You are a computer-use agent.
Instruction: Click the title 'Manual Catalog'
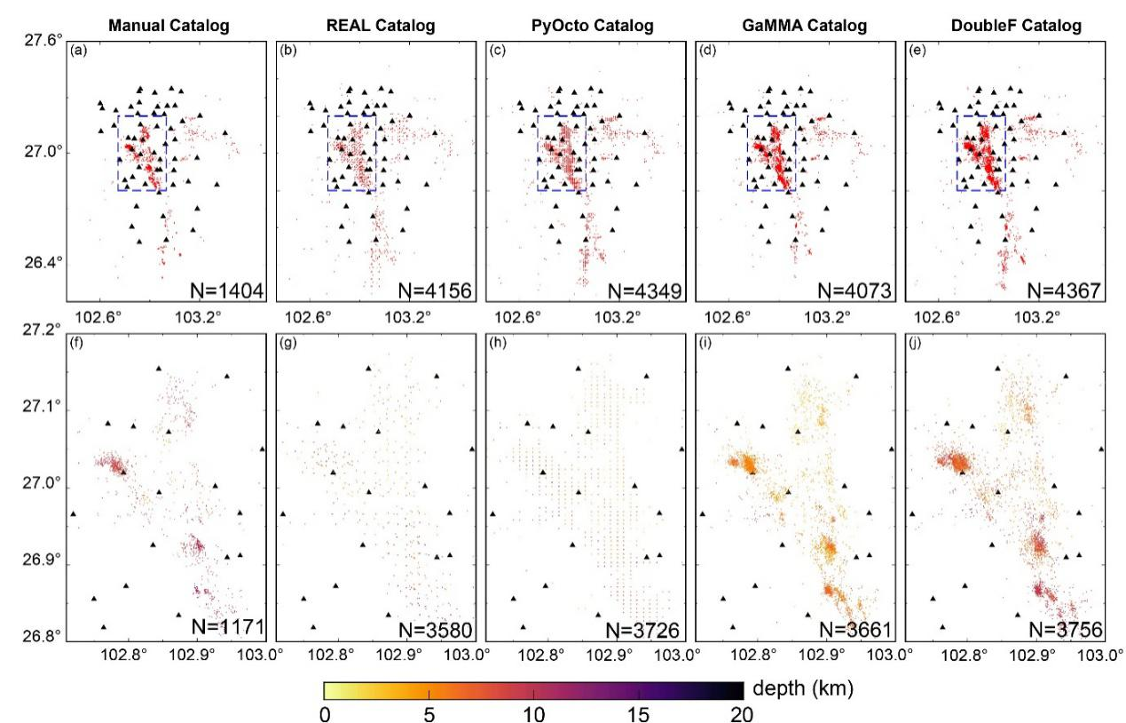(x=169, y=26)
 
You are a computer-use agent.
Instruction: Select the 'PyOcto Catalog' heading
(x=593, y=26)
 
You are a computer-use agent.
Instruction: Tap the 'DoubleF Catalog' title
(x=1016, y=26)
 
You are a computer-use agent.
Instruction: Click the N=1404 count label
(x=226, y=290)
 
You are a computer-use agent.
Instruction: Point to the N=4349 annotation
(x=645, y=290)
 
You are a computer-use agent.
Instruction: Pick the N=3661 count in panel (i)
(x=855, y=630)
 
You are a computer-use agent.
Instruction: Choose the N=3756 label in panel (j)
(x=1066, y=630)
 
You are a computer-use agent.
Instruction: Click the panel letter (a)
(x=78, y=51)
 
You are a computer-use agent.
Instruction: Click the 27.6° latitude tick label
(x=43, y=40)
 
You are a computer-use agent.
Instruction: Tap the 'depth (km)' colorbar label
(x=803, y=688)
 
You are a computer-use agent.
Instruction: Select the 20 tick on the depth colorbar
(x=742, y=714)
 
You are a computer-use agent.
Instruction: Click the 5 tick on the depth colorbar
(x=429, y=714)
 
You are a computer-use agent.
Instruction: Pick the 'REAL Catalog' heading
(x=381, y=26)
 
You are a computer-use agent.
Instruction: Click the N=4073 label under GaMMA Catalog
(x=854, y=290)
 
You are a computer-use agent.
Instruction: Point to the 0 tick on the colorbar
(x=325, y=714)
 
